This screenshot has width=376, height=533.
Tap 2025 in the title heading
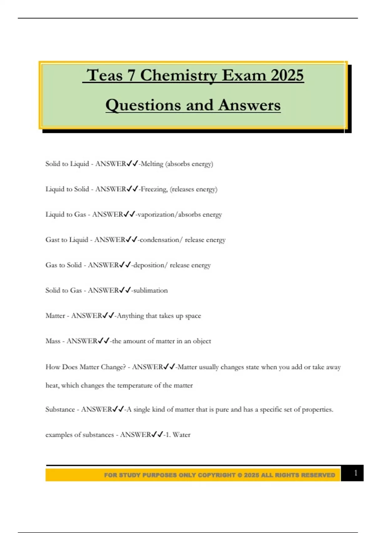(287, 76)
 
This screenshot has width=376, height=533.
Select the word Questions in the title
(143, 105)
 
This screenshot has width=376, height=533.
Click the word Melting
(152, 164)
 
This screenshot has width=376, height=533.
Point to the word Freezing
(154, 189)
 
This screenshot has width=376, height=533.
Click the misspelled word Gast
(52, 240)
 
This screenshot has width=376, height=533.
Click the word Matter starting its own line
(55, 316)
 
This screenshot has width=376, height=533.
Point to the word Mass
(53, 341)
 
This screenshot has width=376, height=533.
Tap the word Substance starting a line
(60, 409)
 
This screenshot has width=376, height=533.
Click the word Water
(181, 435)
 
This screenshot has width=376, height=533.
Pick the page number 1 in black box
(355, 473)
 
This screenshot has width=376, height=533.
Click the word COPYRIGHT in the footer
(217, 475)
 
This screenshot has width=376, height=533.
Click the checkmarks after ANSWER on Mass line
(103, 341)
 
